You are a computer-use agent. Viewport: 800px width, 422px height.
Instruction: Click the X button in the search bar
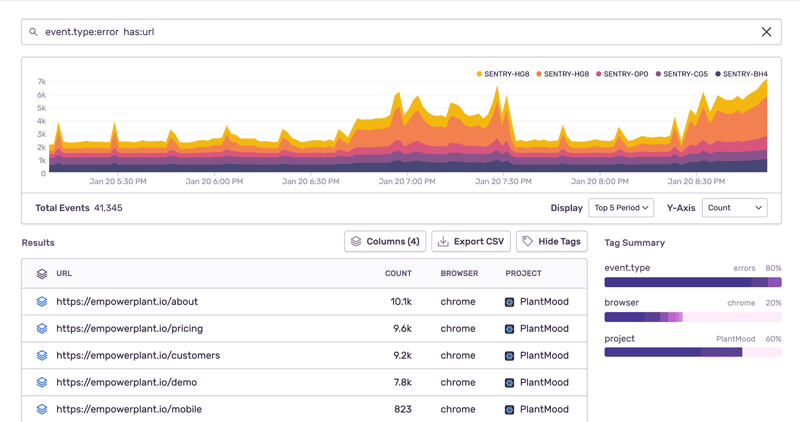pyautogui.click(x=766, y=32)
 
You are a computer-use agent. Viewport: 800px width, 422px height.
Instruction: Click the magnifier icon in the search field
pyautogui.click(x=33, y=32)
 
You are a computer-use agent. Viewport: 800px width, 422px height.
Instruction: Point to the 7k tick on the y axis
pyautogui.click(x=42, y=82)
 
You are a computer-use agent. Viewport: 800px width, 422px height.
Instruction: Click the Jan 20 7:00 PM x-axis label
pyautogui.click(x=407, y=181)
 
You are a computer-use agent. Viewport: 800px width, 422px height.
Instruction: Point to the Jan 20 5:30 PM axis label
pyautogui.click(x=118, y=181)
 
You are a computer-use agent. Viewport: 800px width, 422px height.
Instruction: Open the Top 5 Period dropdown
pyautogui.click(x=621, y=208)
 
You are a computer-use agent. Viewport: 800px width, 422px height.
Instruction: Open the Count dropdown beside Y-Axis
pyautogui.click(x=734, y=208)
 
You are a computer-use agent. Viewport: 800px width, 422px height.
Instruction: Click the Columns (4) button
pyautogui.click(x=385, y=242)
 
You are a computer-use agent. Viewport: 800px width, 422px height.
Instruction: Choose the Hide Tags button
pyautogui.click(x=551, y=242)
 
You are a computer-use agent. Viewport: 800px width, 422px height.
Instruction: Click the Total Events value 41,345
pyautogui.click(x=108, y=208)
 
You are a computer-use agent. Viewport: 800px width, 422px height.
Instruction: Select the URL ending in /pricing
pyautogui.click(x=130, y=329)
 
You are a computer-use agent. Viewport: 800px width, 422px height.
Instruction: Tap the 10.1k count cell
pyautogui.click(x=401, y=302)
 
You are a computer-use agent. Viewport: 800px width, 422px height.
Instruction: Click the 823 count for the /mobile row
pyautogui.click(x=403, y=409)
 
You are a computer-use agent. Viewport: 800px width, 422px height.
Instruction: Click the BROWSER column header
pyautogui.click(x=459, y=274)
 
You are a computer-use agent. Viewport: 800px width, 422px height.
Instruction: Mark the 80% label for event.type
pyautogui.click(x=773, y=268)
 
